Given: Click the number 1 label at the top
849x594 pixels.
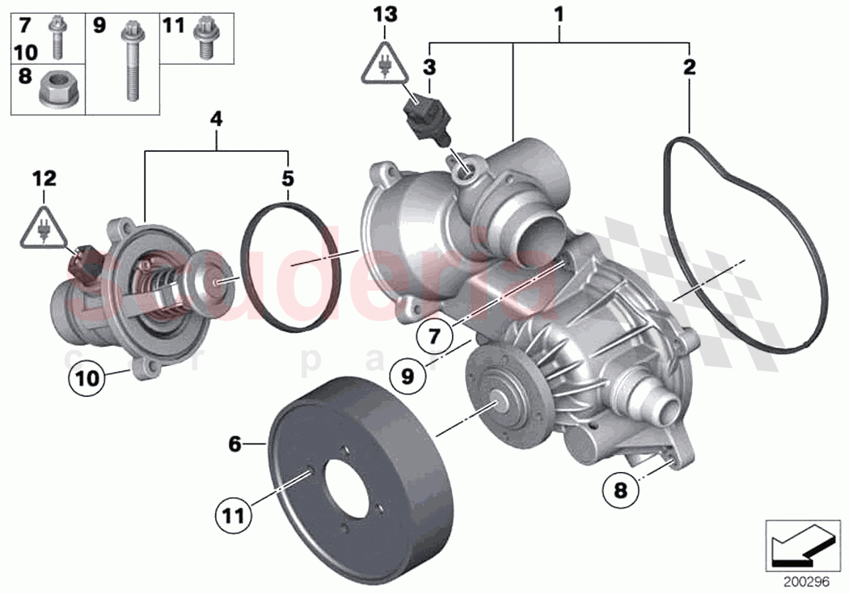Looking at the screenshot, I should tap(559, 14).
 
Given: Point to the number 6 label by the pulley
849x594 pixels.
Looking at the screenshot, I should tap(234, 444).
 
